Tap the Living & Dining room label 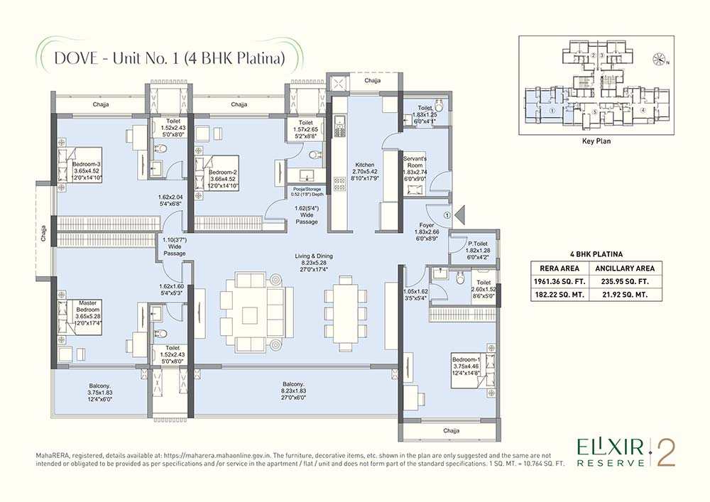coord(315,256)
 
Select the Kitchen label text coord(365,165)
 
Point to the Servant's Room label coord(414,160)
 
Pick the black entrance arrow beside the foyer coord(460,213)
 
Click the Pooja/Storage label coord(307,190)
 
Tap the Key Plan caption coord(596,141)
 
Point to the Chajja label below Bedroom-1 coord(451,431)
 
